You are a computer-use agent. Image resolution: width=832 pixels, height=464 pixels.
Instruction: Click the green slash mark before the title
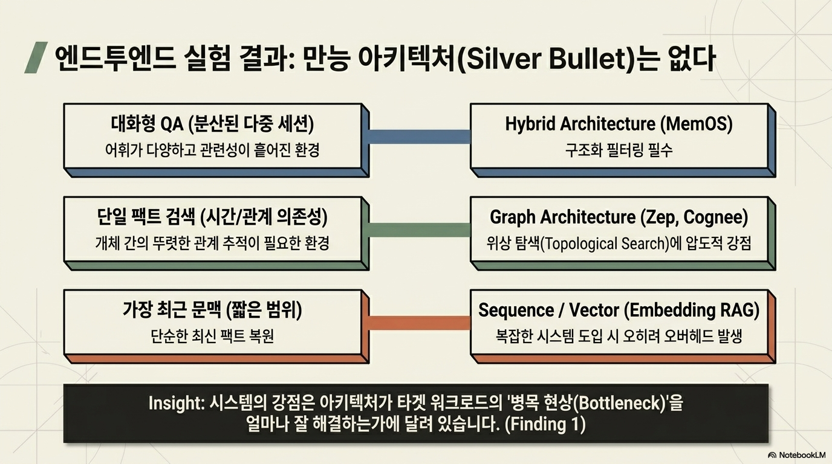point(36,57)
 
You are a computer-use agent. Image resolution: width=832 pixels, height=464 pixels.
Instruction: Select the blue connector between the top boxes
point(420,137)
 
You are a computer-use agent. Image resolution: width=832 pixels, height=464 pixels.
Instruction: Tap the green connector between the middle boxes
point(420,230)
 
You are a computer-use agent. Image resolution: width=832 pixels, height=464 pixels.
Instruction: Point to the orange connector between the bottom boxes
point(420,323)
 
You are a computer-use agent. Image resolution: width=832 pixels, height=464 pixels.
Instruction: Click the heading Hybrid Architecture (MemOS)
point(619,124)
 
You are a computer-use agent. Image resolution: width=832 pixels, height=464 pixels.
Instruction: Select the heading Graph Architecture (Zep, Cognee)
point(619,217)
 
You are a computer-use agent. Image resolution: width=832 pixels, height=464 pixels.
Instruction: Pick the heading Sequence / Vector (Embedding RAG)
point(619,311)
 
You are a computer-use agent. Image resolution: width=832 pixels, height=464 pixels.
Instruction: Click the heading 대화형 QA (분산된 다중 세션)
point(212,124)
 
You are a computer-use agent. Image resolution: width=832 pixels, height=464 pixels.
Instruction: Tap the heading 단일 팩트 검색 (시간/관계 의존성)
point(212,217)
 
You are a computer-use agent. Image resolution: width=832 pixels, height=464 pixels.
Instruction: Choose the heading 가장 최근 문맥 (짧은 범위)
point(212,311)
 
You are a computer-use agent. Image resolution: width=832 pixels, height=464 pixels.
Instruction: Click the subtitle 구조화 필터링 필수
point(619,150)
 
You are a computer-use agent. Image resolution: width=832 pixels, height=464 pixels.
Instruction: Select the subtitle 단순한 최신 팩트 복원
point(212,337)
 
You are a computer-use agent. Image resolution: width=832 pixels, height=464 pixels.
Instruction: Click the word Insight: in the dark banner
point(177,403)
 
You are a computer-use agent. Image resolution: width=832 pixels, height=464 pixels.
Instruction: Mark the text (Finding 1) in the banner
point(545,424)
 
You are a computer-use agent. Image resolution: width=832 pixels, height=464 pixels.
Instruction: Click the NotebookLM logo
point(797,455)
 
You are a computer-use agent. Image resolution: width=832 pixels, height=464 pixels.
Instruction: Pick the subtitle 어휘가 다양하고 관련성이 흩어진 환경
point(212,150)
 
